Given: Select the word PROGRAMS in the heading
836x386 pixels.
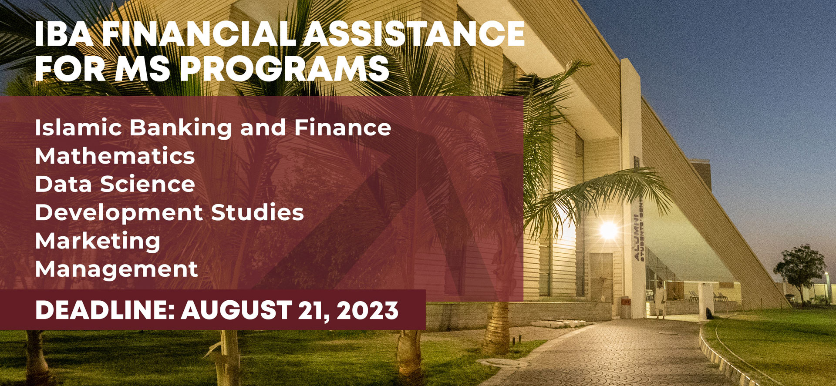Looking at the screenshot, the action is point(284,68).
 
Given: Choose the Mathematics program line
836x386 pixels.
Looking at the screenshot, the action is point(115,156).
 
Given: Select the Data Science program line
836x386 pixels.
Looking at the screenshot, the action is point(115,184).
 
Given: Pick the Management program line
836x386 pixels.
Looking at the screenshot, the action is point(117,269).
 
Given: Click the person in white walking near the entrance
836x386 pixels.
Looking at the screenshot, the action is point(661,300).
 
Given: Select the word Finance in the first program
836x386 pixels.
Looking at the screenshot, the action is point(343,128).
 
